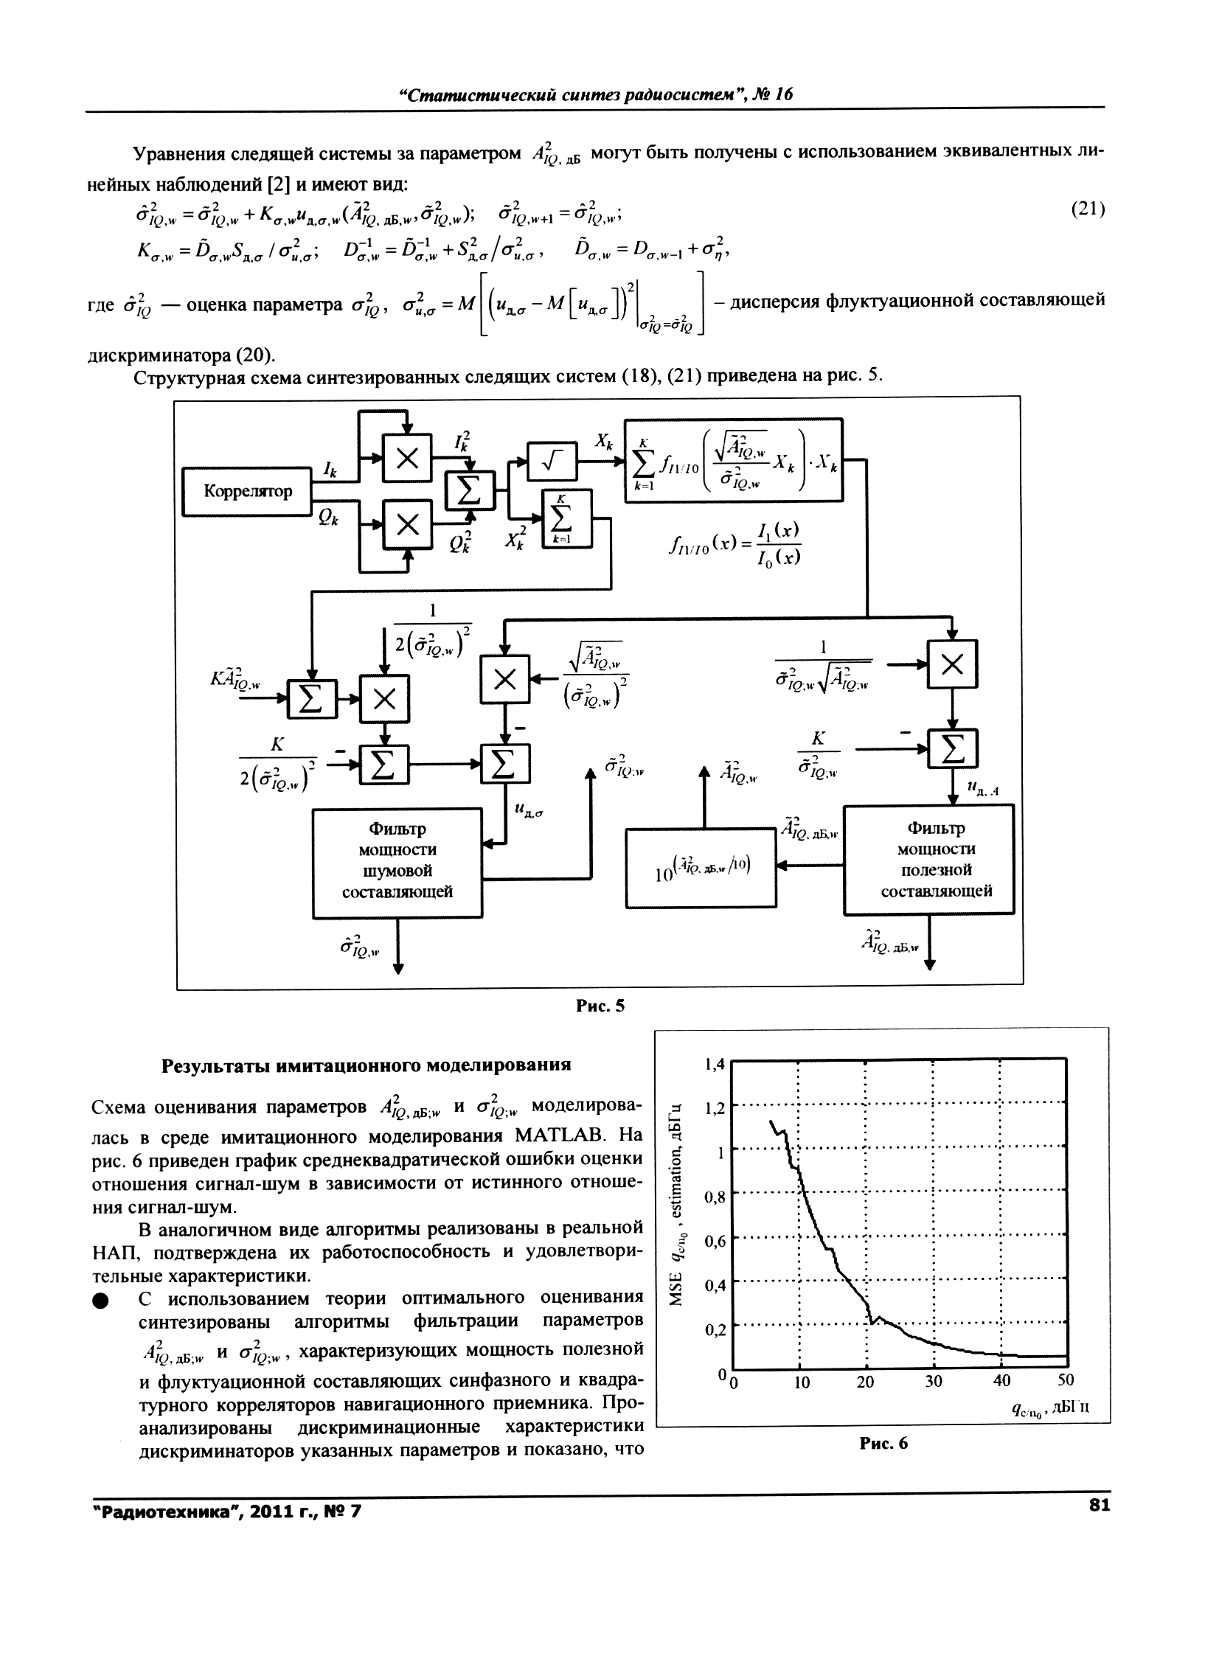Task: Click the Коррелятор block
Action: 248,491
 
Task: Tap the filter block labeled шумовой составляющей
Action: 397,862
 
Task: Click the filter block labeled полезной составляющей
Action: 928,860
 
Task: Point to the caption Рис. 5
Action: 600,1006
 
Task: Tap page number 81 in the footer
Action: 1099,1506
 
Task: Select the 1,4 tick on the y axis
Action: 715,1065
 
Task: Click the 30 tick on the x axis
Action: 934,1382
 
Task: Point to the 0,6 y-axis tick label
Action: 715,1242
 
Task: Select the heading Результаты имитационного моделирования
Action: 366,1065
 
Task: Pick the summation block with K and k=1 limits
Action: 566,518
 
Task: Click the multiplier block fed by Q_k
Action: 406,525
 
